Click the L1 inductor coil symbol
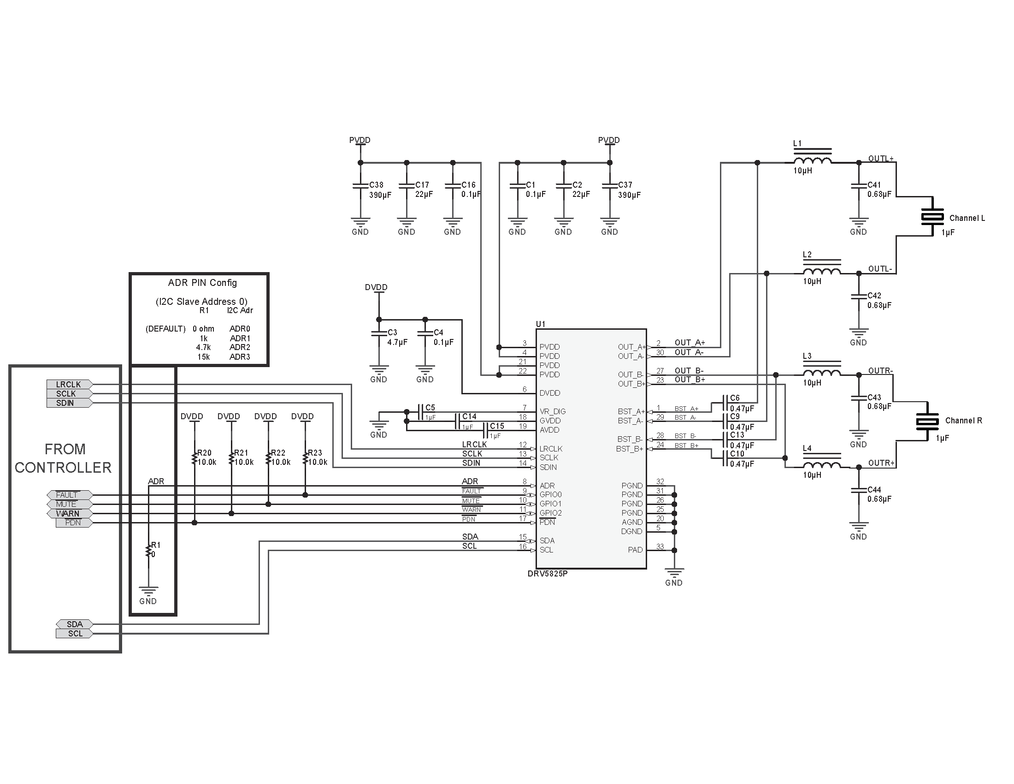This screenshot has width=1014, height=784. pyautogui.click(x=812, y=160)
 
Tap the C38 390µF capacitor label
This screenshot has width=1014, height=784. pyautogui.click(x=379, y=190)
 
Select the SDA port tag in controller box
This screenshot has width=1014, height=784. pyautogui.click(x=74, y=624)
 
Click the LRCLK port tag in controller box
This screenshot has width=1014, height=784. pyautogui.click(x=69, y=384)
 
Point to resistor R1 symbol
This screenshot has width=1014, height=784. pyautogui.click(x=148, y=550)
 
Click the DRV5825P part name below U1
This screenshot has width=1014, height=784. pyautogui.click(x=548, y=574)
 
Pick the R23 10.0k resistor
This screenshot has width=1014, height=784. pyautogui.click(x=306, y=458)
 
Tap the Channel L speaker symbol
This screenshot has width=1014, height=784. pyautogui.click(x=932, y=216)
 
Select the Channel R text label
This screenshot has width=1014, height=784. pyautogui.click(x=963, y=421)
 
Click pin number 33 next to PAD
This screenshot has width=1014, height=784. pyautogui.click(x=660, y=546)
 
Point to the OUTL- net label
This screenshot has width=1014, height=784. pyautogui.click(x=880, y=269)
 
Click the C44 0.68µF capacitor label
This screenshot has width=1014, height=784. pyautogui.click(x=879, y=494)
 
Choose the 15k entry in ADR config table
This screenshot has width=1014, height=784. pyautogui.click(x=203, y=356)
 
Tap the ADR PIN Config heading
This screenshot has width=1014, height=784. pyautogui.click(x=202, y=283)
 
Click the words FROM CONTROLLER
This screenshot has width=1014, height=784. pyautogui.click(x=64, y=458)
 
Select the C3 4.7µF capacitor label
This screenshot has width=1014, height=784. pyautogui.click(x=397, y=338)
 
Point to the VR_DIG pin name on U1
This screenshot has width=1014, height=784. pyautogui.click(x=553, y=411)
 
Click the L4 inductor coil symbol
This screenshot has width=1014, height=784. pyautogui.click(x=821, y=465)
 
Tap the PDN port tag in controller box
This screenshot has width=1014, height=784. pyautogui.click(x=73, y=523)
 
